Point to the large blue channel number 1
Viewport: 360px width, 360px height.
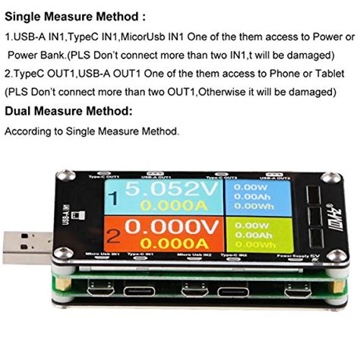113,199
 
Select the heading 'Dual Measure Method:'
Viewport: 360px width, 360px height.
68,111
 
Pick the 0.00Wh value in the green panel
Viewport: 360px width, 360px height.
254,245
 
